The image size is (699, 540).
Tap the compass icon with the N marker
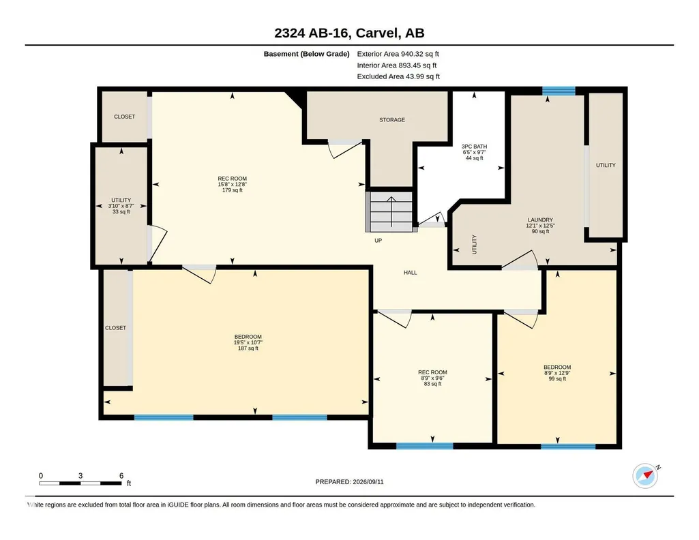click(645, 476)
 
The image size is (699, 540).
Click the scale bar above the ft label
click(80, 483)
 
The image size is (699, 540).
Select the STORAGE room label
click(392, 120)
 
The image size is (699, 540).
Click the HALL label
click(411, 273)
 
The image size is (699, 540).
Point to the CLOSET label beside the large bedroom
click(115, 328)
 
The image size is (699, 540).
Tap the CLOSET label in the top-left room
click(124, 117)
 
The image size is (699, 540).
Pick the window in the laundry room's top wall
click(559, 91)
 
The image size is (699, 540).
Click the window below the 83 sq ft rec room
click(425, 445)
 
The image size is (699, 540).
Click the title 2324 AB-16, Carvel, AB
click(349, 33)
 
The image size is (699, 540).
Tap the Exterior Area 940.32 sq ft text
click(398, 54)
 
